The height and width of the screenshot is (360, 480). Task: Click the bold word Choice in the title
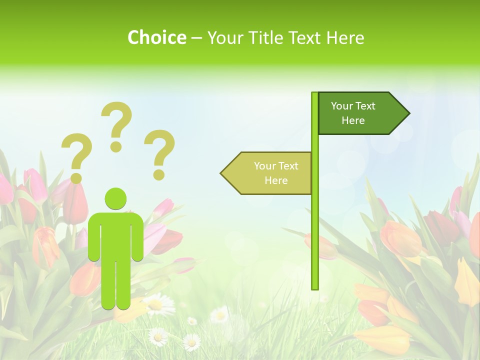(156, 37)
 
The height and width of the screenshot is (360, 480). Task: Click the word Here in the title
(344, 37)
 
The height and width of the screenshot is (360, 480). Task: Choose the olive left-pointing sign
(270, 173)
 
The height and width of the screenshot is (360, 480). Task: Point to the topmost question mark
(117, 122)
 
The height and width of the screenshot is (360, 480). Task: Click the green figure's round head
(115, 198)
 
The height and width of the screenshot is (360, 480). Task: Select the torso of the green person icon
(115, 235)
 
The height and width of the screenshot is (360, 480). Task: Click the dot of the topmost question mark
(116, 146)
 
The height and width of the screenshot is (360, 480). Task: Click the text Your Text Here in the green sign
(353, 113)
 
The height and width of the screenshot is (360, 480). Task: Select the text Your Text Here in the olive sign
(276, 173)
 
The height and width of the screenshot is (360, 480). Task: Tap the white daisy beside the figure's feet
(159, 304)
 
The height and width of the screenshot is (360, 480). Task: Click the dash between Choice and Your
(196, 37)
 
